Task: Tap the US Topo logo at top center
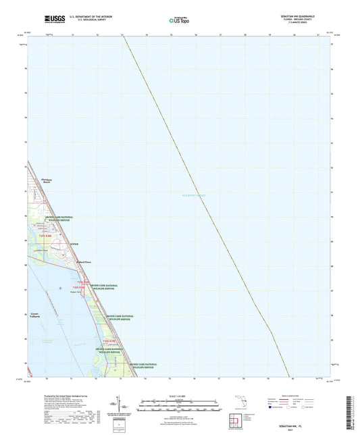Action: click(x=179, y=20)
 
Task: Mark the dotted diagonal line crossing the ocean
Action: click(x=203, y=203)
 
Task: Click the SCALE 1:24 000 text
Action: click(x=179, y=396)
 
